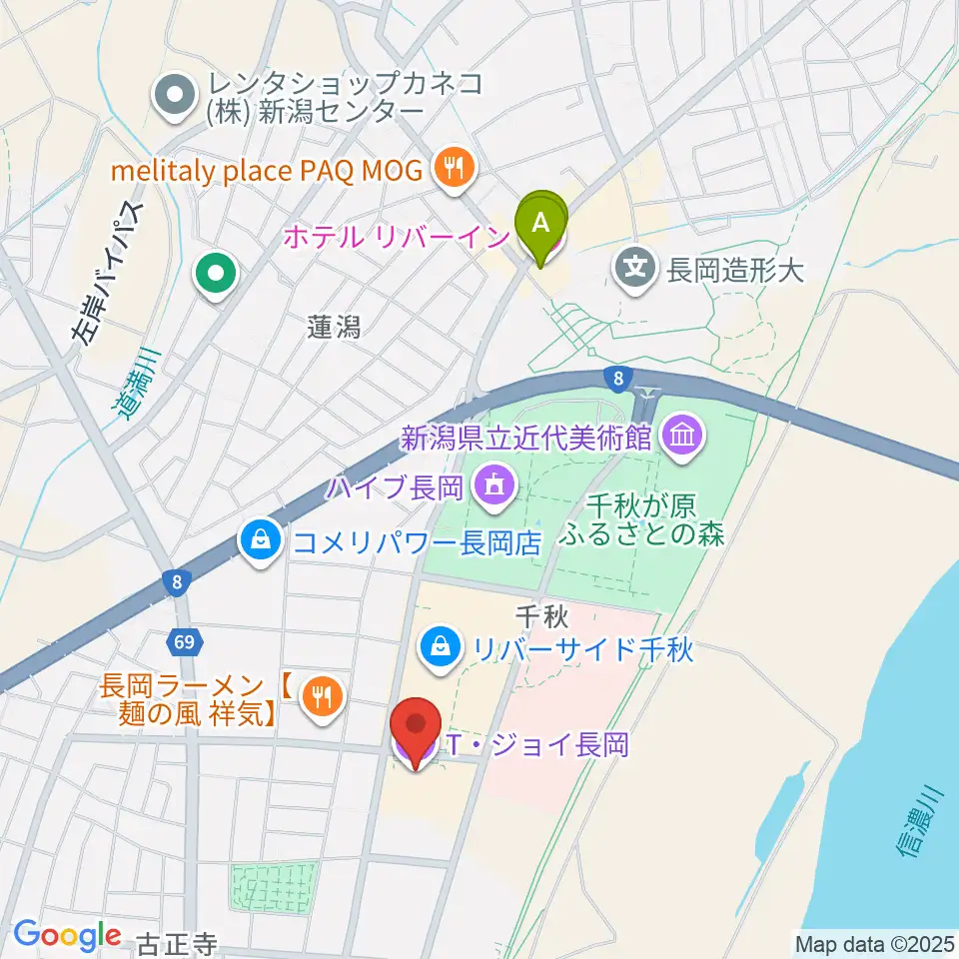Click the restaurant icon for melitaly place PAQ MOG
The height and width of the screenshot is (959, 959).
455,169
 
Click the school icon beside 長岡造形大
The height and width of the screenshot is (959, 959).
635,267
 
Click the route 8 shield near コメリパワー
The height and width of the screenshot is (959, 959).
176,581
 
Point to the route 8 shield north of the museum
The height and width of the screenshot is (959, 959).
618,378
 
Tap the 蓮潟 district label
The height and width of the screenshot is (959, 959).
334,326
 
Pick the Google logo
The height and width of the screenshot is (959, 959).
68,935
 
